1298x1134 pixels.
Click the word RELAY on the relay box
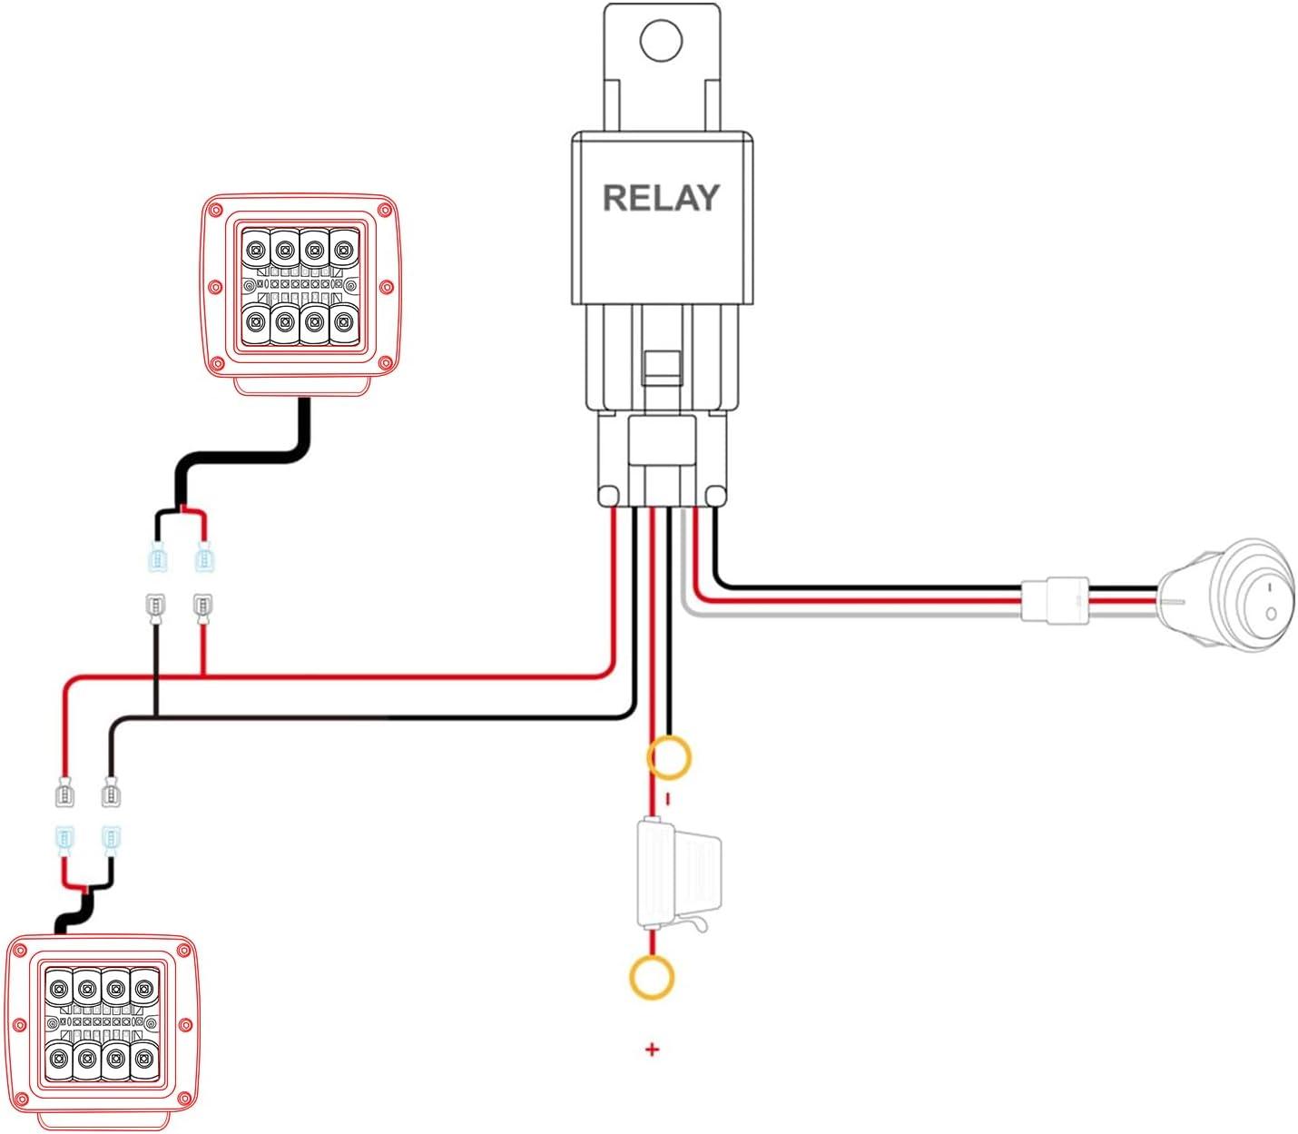pos(661,198)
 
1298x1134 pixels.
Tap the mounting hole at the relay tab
pos(661,41)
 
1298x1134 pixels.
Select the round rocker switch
pos(1234,596)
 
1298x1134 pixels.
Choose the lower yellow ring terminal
pos(652,978)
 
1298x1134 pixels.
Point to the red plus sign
pos(652,1050)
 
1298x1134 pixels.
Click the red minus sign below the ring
pos(669,799)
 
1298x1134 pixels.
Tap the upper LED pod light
pos(300,286)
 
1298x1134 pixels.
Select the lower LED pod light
pos(102,1026)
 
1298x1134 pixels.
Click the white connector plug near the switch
pos(1056,600)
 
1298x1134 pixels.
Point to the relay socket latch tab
pos(662,367)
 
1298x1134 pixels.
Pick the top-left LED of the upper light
pos(256,248)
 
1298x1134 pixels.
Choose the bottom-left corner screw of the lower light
pos(21,1101)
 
